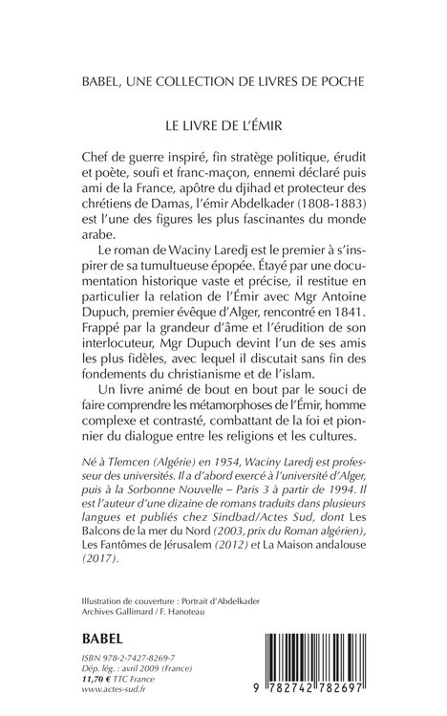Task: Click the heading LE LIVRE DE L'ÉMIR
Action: coord(223,124)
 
